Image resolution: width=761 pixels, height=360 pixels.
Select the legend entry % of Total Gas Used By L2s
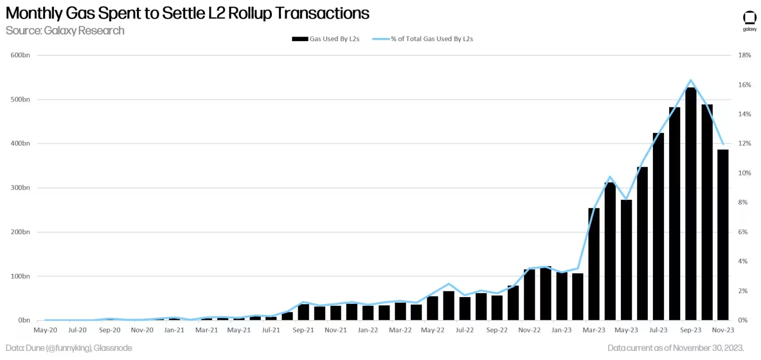pos(432,39)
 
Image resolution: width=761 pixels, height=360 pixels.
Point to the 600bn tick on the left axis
pos(21,55)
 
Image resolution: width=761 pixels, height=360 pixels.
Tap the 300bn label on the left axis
pos(21,188)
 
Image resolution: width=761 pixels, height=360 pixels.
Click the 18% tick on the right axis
pos(744,55)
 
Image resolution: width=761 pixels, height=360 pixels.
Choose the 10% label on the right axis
pos(744,173)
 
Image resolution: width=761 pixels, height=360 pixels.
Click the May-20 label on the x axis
pos(45,330)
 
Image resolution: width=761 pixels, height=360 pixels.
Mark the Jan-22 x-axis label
pos(368,330)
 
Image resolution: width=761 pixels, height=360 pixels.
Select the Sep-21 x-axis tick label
pos(303,330)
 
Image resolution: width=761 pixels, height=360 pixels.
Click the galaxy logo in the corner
pos(749,20)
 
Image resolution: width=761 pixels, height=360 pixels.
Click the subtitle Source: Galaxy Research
pos(65,30)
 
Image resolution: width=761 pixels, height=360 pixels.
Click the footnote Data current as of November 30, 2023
pos(676,348)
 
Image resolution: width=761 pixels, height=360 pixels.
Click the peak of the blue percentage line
pos(690,80)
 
